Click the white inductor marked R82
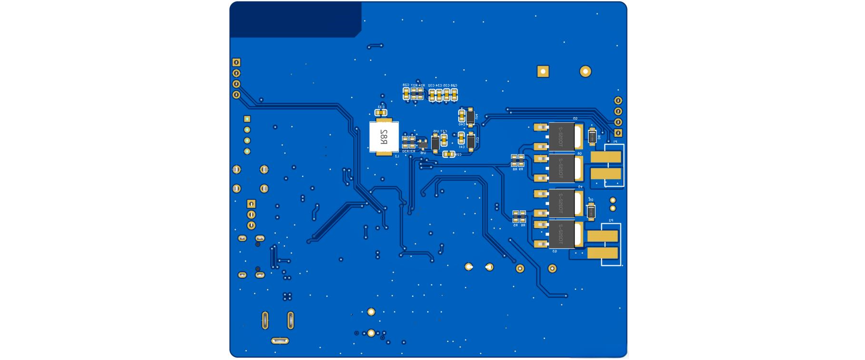click(384, 137)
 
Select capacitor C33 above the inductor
click(380, 113)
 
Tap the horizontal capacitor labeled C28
click(448, 154)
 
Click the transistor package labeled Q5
click(562, 136)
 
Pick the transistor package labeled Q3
click(562, 235)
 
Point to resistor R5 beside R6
click(516, 217)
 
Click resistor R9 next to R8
click(521, 161)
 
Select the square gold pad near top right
click(543, 72)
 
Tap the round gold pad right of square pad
click(585, 72)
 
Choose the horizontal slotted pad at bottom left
click(280, 341)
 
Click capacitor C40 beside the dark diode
click(462, 116)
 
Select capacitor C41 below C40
click(461, 138)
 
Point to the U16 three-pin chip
click(423, 143)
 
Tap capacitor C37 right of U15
click(444, 140)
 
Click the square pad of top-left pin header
click(236, 63)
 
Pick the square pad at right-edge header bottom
click(618, 133)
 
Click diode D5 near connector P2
click(591, 211)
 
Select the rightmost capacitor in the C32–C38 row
click(454, 95)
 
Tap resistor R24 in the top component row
click(421, 93)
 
